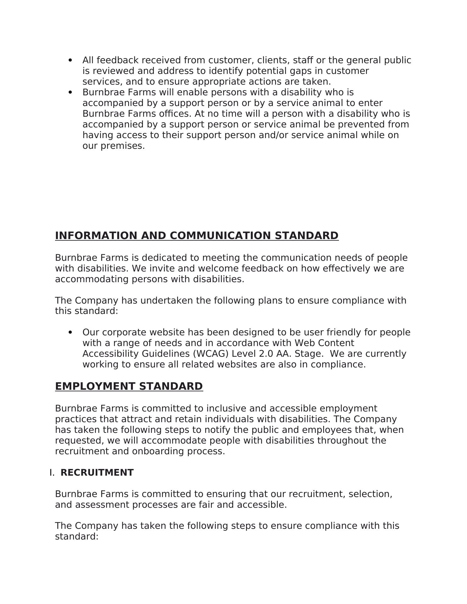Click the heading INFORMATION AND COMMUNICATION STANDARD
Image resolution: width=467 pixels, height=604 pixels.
pyautogui.click(x=197, y=236)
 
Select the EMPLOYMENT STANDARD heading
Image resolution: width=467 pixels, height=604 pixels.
pyautogui.click(x=129, y=386)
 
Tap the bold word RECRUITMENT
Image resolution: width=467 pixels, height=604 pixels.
pyautogui.click(x=97, y=473)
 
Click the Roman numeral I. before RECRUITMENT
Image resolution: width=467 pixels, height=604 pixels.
pyautogui.click(x=52, y=473)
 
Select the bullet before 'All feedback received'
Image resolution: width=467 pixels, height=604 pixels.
pyautogui.click(x=70, y=60)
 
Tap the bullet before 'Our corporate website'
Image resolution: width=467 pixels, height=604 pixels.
pyautogui.click(x=70, y=333)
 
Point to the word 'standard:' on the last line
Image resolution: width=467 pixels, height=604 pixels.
pyautogui.click(x=77, y=537)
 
